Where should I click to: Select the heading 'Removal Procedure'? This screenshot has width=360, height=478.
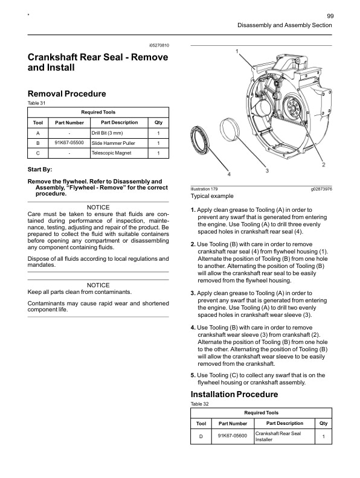click(x=66, y=94)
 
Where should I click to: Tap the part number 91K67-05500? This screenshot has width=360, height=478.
click(x=69, y=143)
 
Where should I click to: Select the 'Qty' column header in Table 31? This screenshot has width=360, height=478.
click(x=158, y=123)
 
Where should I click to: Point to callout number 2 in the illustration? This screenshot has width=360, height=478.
click(x=324, y=164)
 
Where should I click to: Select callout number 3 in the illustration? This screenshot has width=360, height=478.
click(x=267, y=171)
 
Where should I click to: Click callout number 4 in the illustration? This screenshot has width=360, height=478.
click(x=228, y=174)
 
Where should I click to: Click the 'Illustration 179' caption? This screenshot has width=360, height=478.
click(x=204, y=189)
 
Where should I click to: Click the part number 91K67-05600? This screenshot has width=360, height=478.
click(x=231, y=436)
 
